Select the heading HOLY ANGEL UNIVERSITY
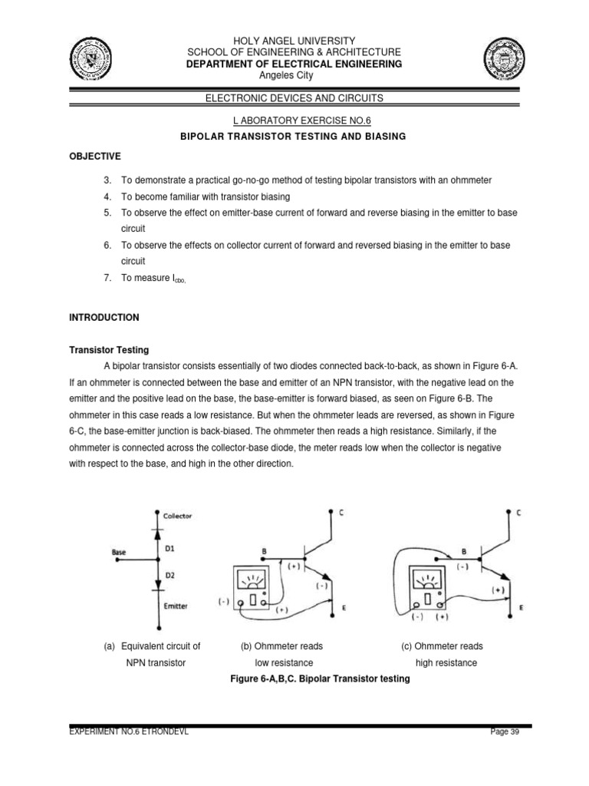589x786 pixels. pos(294,40)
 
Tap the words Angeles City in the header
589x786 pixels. pos(294,75)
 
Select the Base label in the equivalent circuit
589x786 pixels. pos(119,551)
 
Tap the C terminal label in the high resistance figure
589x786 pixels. pos(519,513)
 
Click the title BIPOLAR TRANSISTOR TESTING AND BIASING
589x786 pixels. pos(294,136)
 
